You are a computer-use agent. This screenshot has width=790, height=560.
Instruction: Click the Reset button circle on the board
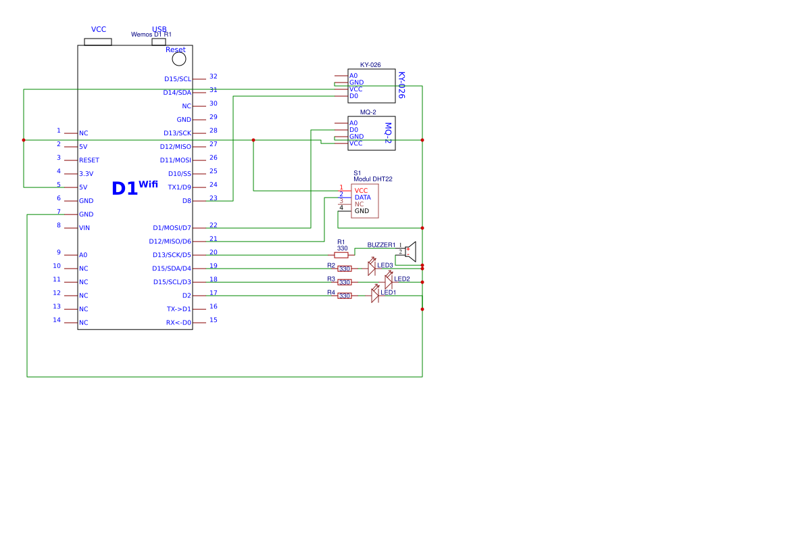[x=179, y=59]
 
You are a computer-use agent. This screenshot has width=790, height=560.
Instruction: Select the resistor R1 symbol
[x=341, y=255]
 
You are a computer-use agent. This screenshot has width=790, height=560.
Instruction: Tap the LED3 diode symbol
[x=372, y=268]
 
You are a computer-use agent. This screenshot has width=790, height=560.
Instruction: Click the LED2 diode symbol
[x=389, y=281]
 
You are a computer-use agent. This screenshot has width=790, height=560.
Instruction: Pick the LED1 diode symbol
[x=375, y=296]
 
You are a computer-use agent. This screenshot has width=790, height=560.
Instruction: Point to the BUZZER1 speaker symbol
[x=410, y=252]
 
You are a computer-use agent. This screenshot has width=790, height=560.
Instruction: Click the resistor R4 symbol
[x=345, y=296]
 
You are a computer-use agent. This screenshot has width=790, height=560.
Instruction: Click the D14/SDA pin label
[x=177, y=93]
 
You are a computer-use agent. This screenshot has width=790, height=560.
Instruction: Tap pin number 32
[x=214, y=76]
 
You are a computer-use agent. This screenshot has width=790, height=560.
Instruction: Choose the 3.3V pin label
[x=86, y=174]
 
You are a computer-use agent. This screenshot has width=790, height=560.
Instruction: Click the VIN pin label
[x=84, y=228]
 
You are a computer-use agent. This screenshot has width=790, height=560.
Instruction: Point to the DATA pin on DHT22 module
[x=362, y=197]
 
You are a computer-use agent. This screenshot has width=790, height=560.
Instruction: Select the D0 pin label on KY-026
[x=353, y=96]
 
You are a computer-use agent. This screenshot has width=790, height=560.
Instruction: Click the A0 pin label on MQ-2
[x=353, y=123]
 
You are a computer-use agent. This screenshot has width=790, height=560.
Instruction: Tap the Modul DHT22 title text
[x=372, y=179]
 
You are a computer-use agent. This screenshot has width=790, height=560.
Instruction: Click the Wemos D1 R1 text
[x=151, y=34]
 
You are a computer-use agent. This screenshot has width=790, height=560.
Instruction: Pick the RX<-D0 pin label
[x=178, y=323]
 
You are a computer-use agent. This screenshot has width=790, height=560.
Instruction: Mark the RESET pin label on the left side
[x=89, y=160]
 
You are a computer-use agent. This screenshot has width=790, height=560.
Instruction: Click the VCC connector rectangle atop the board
[x=98, y=42]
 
